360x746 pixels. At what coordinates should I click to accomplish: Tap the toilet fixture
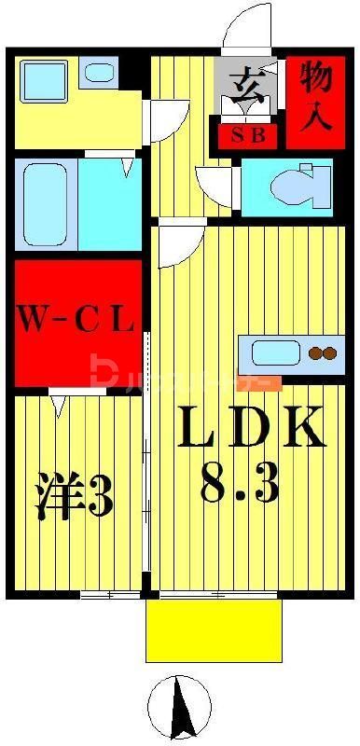pos(297,185)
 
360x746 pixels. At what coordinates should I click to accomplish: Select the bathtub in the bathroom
pos(45,203)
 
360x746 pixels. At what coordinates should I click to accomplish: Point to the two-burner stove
pos(322,353)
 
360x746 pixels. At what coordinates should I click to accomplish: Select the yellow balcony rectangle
pos(214,629)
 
